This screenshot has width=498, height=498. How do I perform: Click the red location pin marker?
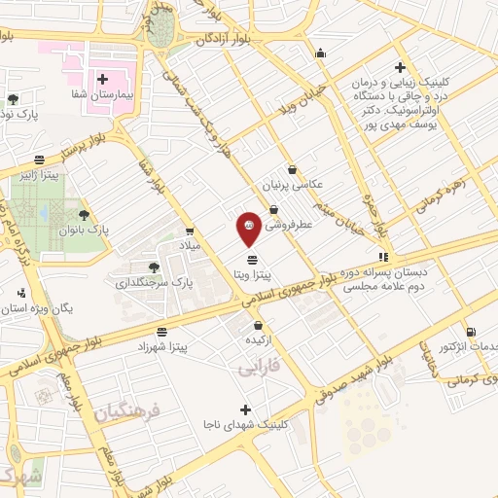tap(249, 229)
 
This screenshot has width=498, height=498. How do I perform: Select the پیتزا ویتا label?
tap(252, 275)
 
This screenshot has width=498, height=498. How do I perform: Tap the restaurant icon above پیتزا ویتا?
tap(253, 259)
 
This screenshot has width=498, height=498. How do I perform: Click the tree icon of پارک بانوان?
tap(83, 213)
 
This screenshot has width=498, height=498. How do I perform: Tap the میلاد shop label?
tap(188, 247)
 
